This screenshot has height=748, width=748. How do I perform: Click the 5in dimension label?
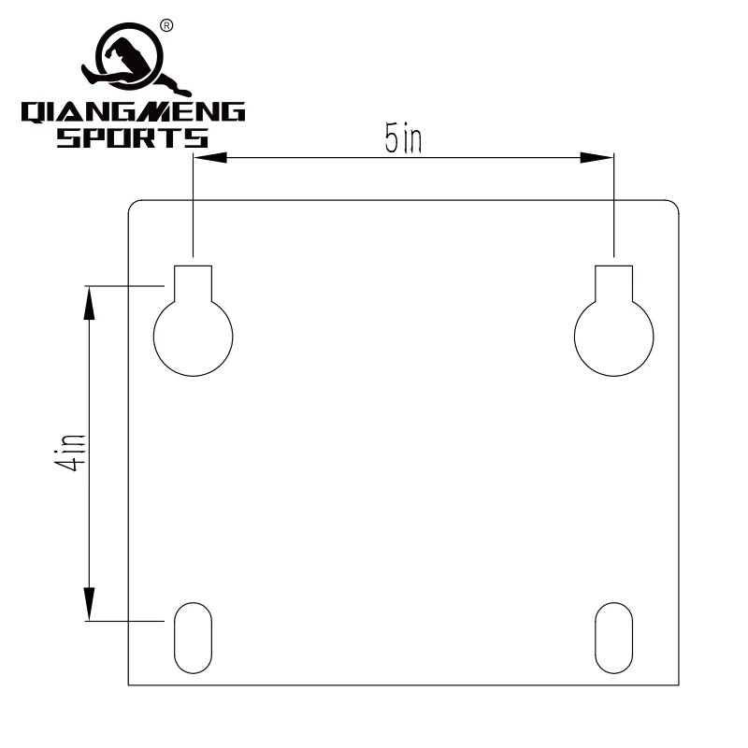pyautogui.click(x=403, y=138)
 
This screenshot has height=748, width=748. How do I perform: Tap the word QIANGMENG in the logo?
pyautogui.click(x=133, y=113)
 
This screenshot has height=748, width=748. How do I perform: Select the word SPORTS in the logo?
pyautogui.click(x=133, y=139)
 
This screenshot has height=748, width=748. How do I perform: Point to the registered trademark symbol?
pyautogui.click(x=167, y=25)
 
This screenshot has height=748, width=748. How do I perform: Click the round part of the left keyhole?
pyautogui.click(x=193, y=337)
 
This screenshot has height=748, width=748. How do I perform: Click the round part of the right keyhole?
pyautogui.click(x=613, y=337)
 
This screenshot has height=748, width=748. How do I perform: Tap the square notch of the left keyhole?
pyautogui.click(x=193, y=281)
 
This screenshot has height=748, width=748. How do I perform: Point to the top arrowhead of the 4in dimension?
pyautogui.click(x=90, y=298)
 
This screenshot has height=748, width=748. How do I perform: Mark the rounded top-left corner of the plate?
pyautogui.click(x=132, y=204)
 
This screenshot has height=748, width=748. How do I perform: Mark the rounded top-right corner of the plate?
pyautogui.click(x=674, y=204)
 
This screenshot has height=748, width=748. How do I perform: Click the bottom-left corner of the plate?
pyautogui.click(x=129, y=686)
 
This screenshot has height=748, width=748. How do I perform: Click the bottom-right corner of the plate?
pyautogui.click(x=677, y=686)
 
